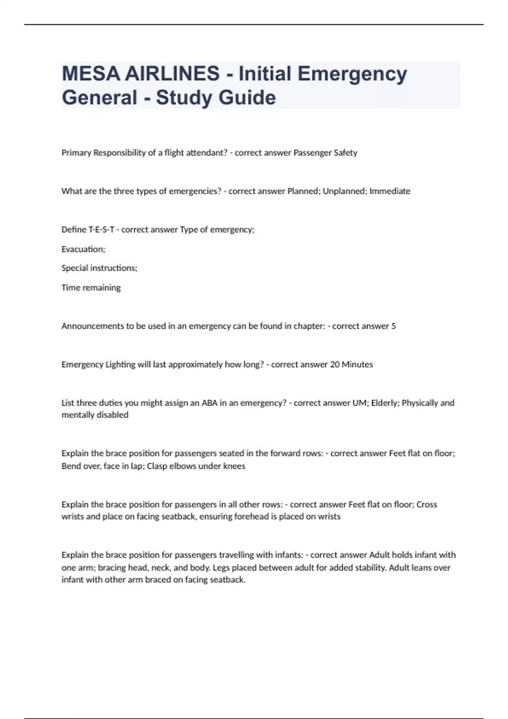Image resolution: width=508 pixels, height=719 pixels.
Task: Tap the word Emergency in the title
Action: (x=352, y=74)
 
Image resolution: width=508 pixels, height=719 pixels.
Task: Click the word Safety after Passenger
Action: (x=345, y=153)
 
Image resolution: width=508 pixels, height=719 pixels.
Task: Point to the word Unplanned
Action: (x=343, y=191)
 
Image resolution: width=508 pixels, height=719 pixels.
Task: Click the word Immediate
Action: (x=390, y=191)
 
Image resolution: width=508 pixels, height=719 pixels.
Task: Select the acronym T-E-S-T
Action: (x=101, y=230)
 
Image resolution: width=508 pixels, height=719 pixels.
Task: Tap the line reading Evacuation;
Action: (x=83, y=249)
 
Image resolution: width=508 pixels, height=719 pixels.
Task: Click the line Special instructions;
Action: (x=99, y=268)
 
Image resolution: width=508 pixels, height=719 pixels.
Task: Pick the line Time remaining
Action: (x=91, y=288)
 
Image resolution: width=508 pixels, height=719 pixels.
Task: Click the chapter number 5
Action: (x=394, y=326)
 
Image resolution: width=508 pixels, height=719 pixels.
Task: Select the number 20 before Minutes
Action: (x=334, y=365)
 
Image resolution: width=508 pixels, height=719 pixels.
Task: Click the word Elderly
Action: (x=385, y=403)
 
